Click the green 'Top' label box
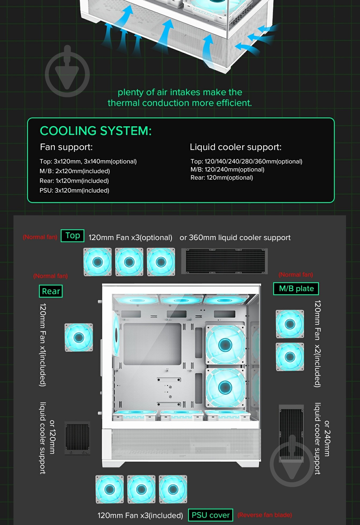click(x=73, y=236)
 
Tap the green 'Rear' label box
click(x=51, y=291)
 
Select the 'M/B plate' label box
click(x=296, y=289)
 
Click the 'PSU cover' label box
click(x=211, y=515)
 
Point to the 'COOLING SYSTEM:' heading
click(x=96, y=131)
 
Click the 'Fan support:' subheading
click(x=66, y=147)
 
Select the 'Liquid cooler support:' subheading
click(x=236, y=147)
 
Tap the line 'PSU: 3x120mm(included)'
click(x=74, y=191)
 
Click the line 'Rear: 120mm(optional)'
click(x=222, y=178)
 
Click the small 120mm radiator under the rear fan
click(x=77, y=438)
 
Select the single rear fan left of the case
click(x=79, y=337)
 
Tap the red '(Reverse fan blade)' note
click(x=265, y=515)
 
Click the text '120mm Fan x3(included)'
click(x=140, y=515)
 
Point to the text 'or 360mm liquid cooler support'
click(x=235, y=238)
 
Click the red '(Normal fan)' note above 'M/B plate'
click(x=296, y=275)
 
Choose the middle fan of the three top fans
click(x=129, y=262)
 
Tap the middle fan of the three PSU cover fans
click(x=141, y=489)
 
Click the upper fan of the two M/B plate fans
click(x=290, y=324)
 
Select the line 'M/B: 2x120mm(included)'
click(x=75, y=171)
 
